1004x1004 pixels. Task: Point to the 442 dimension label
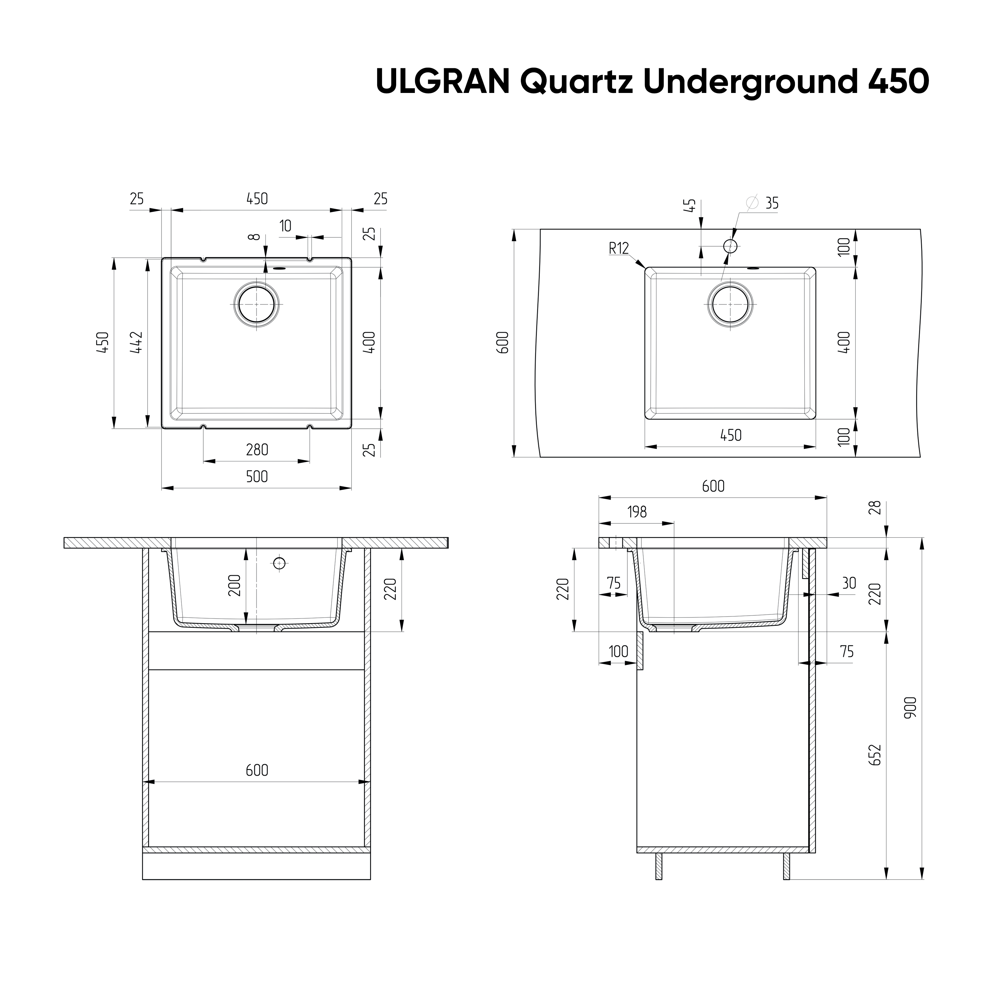coord(136,343)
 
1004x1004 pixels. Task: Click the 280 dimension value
coord(257,449)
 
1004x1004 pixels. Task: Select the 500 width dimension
coord(257,477)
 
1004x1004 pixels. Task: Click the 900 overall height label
coord(910,708)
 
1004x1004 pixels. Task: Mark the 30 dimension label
coord(849,583)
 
